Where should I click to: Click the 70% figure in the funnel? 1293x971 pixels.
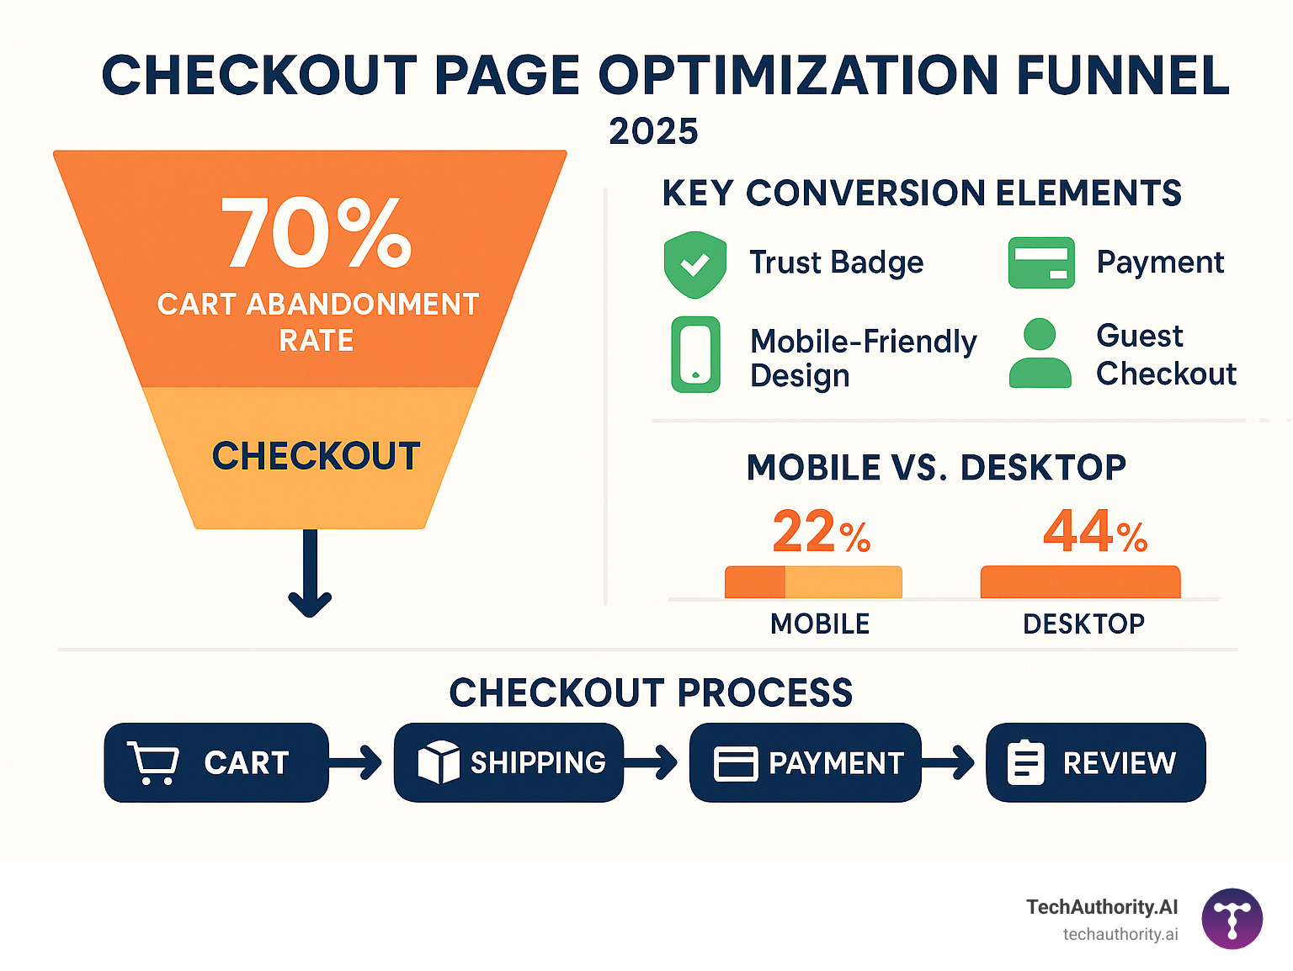316,233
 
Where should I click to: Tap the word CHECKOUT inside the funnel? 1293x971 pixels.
316,456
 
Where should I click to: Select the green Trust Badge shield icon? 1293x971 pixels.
694,264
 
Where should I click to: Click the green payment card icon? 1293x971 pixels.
1041,263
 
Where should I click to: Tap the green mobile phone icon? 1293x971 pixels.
695,354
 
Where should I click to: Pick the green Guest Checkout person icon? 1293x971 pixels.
1040,353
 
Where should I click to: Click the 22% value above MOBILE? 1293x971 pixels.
821,532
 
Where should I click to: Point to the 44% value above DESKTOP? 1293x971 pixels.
1094,532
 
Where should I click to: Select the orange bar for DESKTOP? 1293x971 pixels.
1080,582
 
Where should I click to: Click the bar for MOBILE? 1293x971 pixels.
813,582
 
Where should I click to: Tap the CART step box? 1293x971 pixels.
216,762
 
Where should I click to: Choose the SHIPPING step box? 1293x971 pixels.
509,762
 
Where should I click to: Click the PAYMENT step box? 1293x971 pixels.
806,762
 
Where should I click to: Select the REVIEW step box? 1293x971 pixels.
1095,762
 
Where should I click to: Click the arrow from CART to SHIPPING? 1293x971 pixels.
357,762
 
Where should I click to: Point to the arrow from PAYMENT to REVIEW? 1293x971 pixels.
950,762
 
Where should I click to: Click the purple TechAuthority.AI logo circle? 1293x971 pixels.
1232,919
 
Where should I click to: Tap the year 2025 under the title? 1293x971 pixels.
653,131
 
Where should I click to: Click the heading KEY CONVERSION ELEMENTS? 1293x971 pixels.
922,194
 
